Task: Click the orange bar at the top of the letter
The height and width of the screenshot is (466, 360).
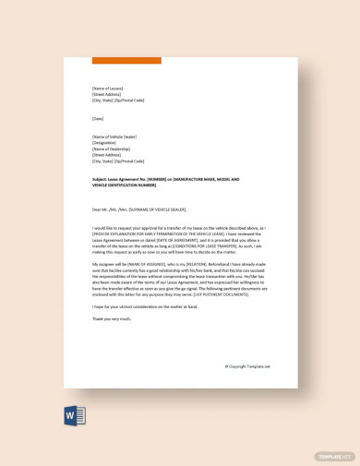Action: pos(126,61)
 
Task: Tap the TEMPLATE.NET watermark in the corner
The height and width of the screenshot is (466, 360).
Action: pos(334,456)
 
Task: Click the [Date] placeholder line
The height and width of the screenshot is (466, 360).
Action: pos(99,118)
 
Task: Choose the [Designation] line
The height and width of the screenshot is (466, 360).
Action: pos(106,143)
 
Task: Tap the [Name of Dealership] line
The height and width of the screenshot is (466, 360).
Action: pos(113,149)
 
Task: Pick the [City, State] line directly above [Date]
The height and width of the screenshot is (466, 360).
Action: pos(118,101)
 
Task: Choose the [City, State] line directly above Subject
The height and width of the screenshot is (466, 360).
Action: pos(118,161)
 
